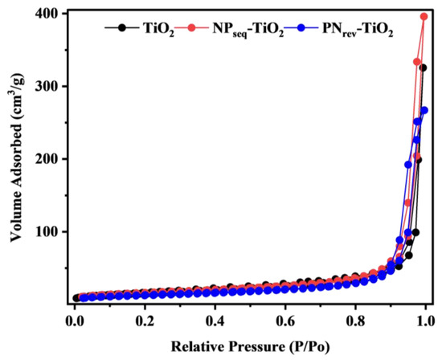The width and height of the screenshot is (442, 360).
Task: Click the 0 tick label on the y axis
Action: [58, 304]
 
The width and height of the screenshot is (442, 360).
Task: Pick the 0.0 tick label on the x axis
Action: [74, 320]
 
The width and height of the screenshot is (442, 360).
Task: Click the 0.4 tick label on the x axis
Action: [215, 320]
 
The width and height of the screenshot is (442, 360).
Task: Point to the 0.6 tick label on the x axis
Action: [284, 320]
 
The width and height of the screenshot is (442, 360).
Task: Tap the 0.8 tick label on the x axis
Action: [354, 320]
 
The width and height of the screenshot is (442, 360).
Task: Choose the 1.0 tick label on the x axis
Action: [424, 320]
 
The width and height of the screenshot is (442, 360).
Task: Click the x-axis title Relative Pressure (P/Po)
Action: [249, 346]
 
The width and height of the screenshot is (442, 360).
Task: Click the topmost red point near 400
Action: [424, 17]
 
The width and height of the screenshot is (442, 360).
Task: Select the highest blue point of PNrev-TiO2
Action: [424, 111]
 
